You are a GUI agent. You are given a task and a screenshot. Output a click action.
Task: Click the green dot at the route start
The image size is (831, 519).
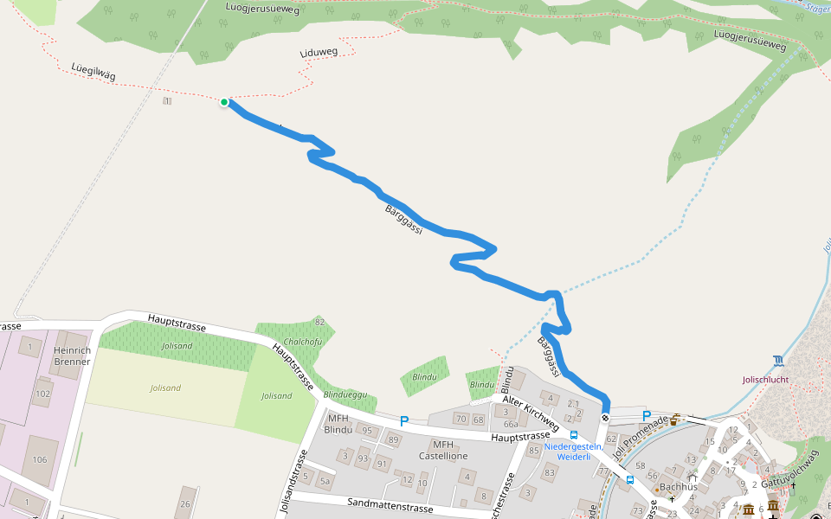pyautogui.click(x=224, y=102)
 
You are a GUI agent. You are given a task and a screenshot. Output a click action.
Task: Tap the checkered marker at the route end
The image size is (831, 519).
pyautogui.click(x=605, y=418)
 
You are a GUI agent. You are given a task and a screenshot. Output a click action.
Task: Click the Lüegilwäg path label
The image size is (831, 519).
pyautogui.click(x=93, y=73)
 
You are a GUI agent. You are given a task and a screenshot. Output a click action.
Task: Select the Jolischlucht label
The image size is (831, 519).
pyautogui.click(x=765, y=379)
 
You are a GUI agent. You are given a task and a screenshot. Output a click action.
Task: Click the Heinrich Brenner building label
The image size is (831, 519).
pyautogui.click(x=72, y=356)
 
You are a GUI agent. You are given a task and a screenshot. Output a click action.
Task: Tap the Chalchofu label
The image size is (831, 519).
pyautogui.click(x=303, y=341)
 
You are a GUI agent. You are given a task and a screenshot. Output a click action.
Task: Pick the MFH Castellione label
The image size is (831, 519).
pyautogui.click(x=443, y=450)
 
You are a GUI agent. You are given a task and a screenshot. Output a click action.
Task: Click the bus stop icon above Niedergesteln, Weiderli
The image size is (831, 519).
pyautogui.click(x=574, y=435)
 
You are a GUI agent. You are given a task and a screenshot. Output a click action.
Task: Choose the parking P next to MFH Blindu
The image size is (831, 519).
pyautogui.click(x=403, y=421)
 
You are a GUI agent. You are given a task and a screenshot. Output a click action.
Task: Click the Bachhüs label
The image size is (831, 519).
pyautogui.click(x=678, y=486)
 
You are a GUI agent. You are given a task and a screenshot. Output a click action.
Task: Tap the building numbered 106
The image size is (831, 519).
pyautogui.click(x=40, y=459)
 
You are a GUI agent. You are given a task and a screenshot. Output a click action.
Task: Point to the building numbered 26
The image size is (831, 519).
pyautogui.click(x=184, y=503)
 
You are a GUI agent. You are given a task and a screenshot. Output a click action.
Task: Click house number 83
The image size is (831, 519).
pyautogui.click(x=549, y=472)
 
